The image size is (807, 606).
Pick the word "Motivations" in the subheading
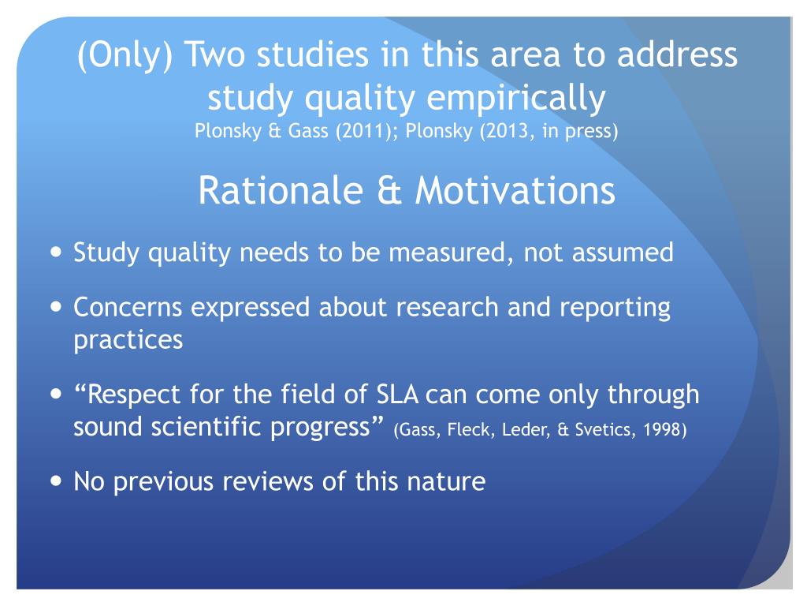pos(515,190)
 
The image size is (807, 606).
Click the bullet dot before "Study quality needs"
pos(54,253)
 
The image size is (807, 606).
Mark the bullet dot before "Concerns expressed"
pos(54,307)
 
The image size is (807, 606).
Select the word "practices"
pos(128,340)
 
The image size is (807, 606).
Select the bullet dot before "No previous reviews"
pos(54,481)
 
